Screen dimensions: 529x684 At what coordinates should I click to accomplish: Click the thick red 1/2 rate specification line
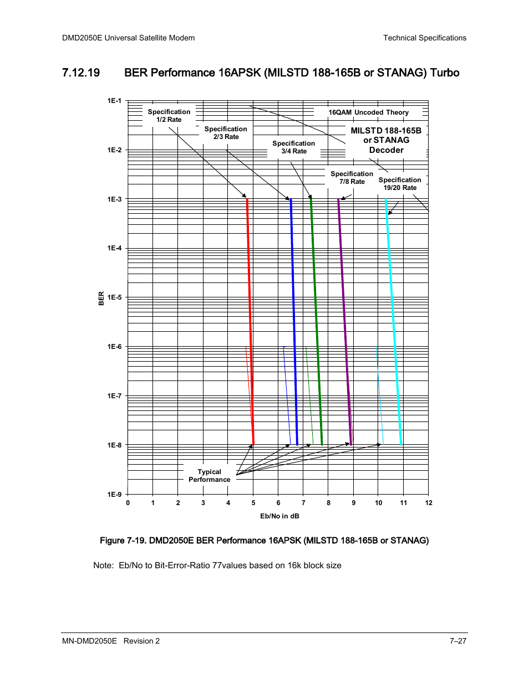[x=250, y=322]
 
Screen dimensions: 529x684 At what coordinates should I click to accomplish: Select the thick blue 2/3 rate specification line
[x=294, y=322]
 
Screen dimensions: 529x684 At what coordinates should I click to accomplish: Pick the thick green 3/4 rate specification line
[x=316, y=322]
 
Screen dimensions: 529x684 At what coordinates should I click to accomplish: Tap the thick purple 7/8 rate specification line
[x=345, y=322]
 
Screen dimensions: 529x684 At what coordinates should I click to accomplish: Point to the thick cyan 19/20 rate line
[x=393, y=322]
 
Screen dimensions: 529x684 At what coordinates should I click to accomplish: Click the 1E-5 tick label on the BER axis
[x=114, y=297]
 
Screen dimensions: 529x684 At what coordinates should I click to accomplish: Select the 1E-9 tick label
[x=114, y=494]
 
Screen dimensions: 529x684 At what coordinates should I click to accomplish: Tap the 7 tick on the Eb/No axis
[x=303, y=503]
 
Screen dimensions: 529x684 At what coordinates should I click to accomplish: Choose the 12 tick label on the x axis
[x=429, y=503]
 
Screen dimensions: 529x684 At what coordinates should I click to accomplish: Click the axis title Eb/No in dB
[x=279, y=516]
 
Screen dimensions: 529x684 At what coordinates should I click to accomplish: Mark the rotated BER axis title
[x=101, y=299]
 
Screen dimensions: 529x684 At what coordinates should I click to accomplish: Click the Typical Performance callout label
[x=209, y=476]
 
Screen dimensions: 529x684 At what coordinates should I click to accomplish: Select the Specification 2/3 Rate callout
[x=226, y=133]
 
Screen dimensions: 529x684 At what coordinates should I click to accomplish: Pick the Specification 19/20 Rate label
[x=400, y=184]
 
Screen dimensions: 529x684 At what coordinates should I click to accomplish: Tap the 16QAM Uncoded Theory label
[x=369, y=112]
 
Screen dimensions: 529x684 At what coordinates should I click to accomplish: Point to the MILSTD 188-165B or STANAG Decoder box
[x=386, y=140]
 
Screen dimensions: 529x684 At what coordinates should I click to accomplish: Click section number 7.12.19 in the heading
[x=81, y=73]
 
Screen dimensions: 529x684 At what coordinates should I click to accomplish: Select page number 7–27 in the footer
[x=458, y=641]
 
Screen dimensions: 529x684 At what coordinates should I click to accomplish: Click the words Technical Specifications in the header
[x=425, y=38]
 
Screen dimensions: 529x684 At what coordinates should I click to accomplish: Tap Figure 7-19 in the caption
[x=123, y=541]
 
